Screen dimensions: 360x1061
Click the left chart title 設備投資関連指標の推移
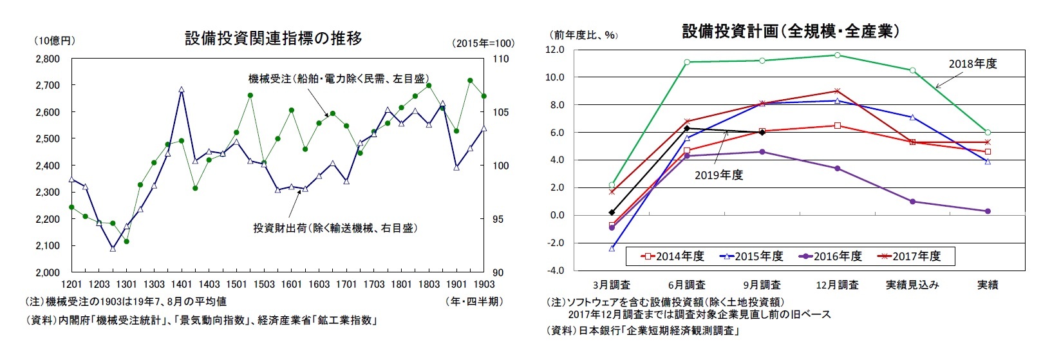click(273, 39)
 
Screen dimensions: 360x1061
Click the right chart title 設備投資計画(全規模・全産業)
click(791, 32)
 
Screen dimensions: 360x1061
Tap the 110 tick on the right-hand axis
click(500, 59)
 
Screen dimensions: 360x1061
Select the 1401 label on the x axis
click(182, 284)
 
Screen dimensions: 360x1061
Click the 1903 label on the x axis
click(484, 284)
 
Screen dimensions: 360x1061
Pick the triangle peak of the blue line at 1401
click(182, 90)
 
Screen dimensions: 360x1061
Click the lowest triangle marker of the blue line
click(113, 248)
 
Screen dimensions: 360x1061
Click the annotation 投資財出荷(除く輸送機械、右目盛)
click(335, 228)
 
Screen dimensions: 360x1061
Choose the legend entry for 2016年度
click(830, 256)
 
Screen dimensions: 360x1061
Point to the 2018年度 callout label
click(972, 64)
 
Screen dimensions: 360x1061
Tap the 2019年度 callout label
click(718, 175)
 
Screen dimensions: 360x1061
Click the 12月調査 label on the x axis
click(837, 285)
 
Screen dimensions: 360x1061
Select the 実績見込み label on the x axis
click(912, 285)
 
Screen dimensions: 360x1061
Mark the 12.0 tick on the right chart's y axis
click(555, 50)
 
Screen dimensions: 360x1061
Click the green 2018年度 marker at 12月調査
click(837, 55)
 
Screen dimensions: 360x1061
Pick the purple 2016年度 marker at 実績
click(988, 211)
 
